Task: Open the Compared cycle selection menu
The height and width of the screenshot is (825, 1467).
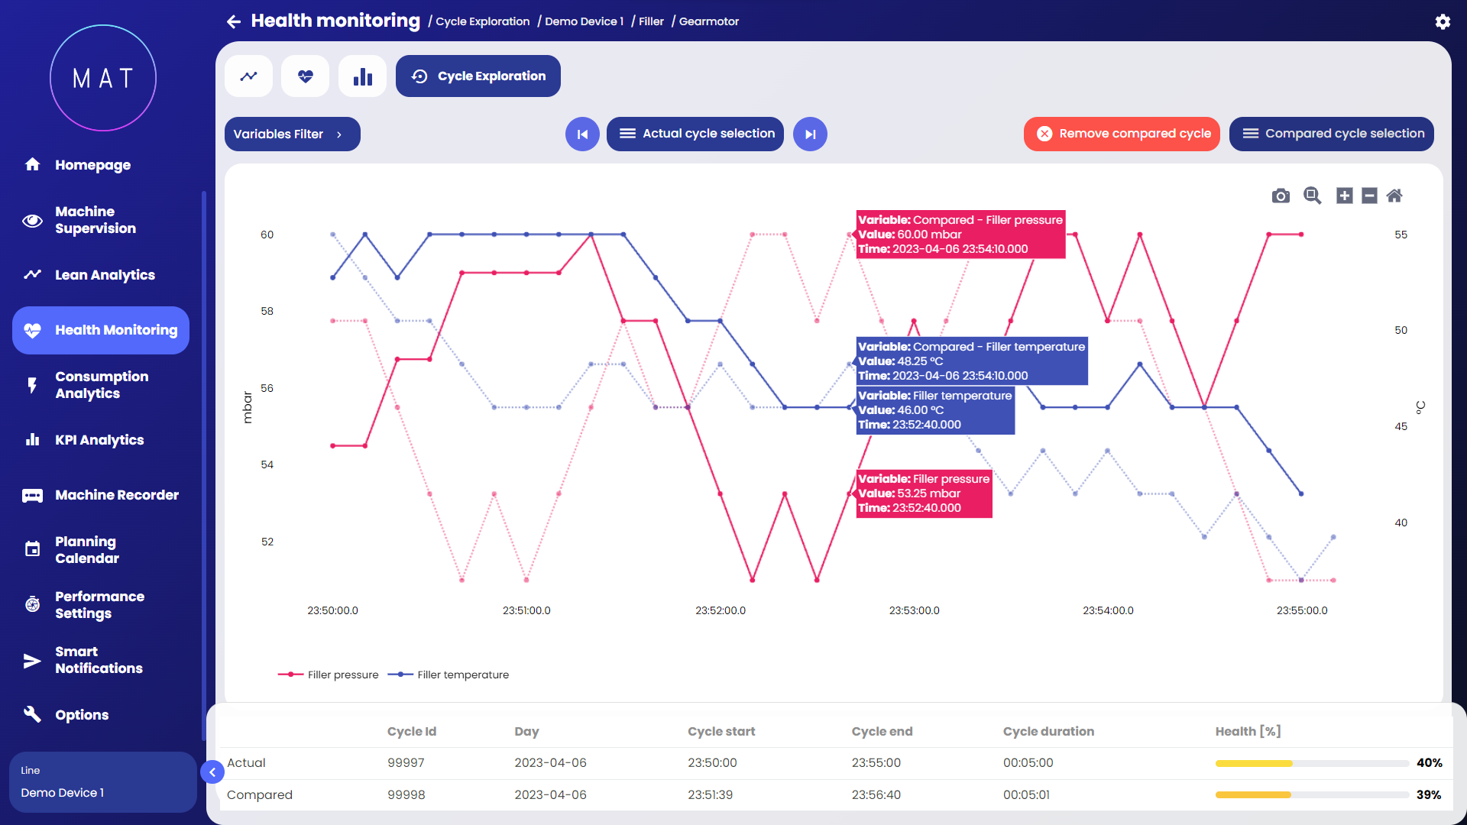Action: tap(1331, 134)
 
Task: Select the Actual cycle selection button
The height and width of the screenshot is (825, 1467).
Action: tap(695, 134)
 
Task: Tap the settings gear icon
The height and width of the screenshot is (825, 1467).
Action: tap(1443, 21)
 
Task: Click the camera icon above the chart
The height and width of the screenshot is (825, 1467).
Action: tap(1281, 196)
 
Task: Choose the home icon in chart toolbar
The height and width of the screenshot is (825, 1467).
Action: tap(1394, 196)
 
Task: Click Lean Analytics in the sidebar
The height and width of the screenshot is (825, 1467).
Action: tap(105, 275)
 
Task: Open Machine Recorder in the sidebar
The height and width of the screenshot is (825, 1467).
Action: tap(116, 495)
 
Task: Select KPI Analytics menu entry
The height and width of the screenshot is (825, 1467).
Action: tap(99, 440)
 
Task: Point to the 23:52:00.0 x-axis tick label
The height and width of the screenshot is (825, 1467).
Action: tap(720, 610)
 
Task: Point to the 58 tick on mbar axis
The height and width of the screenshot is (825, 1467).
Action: tap(267, 311)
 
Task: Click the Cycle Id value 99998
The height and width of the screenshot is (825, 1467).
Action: tap(406, 794)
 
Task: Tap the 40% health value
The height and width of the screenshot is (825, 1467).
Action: tap(1429, 762)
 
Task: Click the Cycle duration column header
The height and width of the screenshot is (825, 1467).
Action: tap(1048, 731)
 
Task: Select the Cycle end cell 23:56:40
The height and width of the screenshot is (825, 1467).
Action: tap(876, 794)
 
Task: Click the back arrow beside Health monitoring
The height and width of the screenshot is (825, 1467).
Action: tap(234, 21)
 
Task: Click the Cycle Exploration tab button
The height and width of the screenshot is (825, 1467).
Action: tap(478, 76)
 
